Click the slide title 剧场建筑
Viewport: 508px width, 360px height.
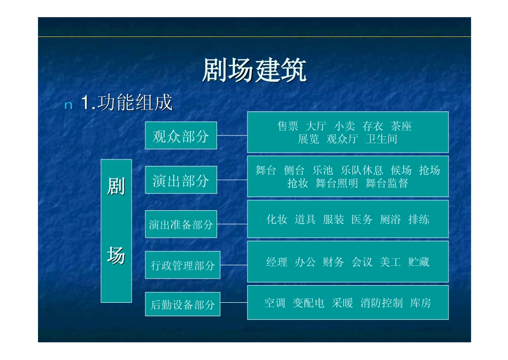(254, 71)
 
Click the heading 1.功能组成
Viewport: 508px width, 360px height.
(127, 103)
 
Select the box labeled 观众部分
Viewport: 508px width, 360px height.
(181, 136)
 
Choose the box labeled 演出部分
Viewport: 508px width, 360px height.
(181, 180)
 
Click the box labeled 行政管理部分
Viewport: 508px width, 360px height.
(182, 265)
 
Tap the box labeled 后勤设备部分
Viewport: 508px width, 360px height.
(182, 305)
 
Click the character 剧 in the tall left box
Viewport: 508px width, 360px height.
(116, 187)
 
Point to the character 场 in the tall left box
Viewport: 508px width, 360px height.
(116, 256)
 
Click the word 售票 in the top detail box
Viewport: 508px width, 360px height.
(288, 127)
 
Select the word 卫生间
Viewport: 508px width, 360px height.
(382, 140)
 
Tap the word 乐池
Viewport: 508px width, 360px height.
(323, 171)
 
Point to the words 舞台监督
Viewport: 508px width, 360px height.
(387, 183)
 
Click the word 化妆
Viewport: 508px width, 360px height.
(277, 219)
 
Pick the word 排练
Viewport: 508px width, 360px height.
(419, 219)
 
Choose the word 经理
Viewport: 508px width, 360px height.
(277, 262)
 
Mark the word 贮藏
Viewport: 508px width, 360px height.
(419, 262)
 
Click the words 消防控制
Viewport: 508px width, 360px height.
(381, 303)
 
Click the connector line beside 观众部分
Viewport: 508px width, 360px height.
(232, 135)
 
